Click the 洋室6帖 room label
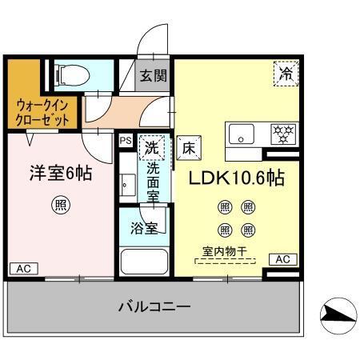(x=61, y=173)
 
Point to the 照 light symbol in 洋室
(x=61, y=204)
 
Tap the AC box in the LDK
(x=282, y=259)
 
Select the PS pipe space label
(x=125, y=141)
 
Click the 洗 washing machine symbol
(x=150, y=147)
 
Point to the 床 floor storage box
(x=187, y=147)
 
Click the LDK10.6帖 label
(x=236, y=178)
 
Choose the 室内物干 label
(x=226, y=253)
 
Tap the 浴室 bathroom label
(x=143, y=227)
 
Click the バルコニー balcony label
(x=154, y=307)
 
